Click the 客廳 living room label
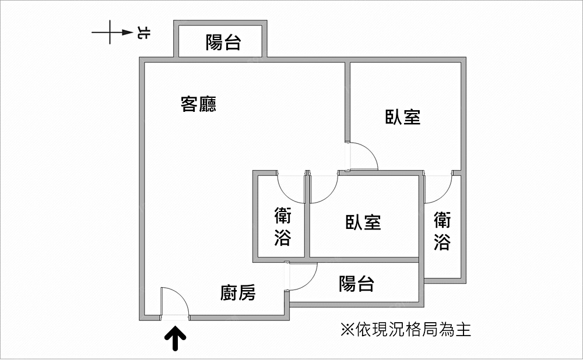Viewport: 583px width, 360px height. [x=199, y=104]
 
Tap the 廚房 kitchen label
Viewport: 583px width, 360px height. [x=238, y=292]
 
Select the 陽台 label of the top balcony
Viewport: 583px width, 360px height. [x=223, y=42]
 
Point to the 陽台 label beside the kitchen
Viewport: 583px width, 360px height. [x=356, y=284]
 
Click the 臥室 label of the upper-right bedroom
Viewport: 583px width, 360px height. [x=403, y=117]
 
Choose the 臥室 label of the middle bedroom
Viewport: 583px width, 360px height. [x=363, y=222]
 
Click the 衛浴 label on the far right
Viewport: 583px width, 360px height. [x=442, y=230]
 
